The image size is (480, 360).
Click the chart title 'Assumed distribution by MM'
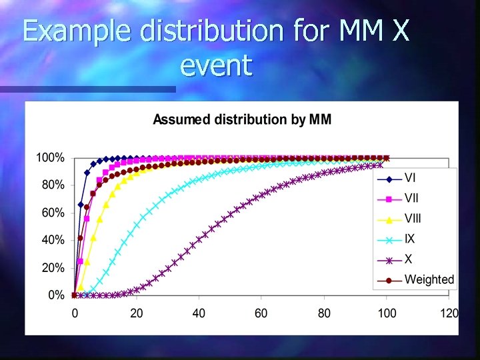[242, 120]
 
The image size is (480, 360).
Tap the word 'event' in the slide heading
[217, 65]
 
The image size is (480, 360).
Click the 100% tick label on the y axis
[50, 158]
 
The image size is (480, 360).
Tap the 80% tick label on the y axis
[53, 185]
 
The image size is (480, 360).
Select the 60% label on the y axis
[53, 213]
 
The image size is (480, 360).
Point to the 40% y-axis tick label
[53, 239]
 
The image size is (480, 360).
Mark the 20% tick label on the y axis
[53, 267]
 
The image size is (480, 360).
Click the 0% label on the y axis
[56, 295]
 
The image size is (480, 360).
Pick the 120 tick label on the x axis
[449, 313]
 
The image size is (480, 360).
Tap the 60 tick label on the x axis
[261, 313]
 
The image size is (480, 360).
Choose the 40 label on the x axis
[199, 313]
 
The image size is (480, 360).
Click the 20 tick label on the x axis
[137, 313]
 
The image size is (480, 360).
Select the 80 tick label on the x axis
[324, 313]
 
